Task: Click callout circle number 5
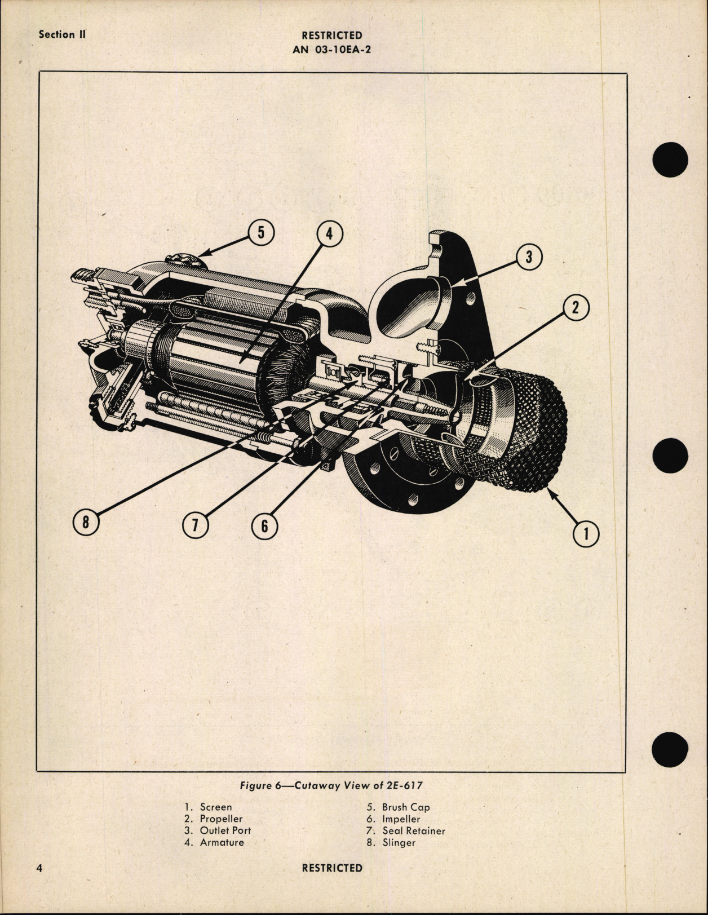260,233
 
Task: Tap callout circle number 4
330,235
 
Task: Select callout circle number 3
529,257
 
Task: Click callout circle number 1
586,533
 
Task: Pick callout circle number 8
86,522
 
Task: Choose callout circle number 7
195,525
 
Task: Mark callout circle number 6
264,527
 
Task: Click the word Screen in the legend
215,807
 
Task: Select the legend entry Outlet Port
225,830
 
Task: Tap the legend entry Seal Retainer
413,830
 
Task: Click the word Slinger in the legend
399,842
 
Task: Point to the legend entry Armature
222,842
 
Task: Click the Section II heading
62,34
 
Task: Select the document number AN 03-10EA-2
332,49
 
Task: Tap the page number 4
40,868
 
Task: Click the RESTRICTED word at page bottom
332,868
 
